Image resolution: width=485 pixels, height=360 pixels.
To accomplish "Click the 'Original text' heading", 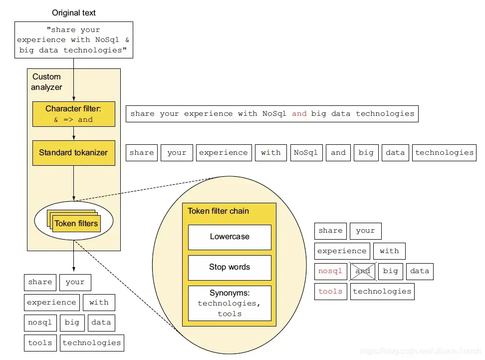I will [x=74, y=12].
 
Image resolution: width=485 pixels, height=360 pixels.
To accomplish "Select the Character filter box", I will [x=73, y=114].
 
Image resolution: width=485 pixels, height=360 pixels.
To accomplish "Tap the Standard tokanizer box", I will [x=73, y=153].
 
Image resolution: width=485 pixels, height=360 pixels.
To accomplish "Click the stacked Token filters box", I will [x=76, y=223].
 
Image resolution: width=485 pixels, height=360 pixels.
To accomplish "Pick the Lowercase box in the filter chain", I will [x=230, y=237].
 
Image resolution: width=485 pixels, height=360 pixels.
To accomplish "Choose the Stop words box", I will [x=230, y=267].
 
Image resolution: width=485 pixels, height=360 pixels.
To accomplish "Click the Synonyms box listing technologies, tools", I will [x=230, y=303].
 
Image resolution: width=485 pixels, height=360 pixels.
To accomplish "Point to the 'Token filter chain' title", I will [x=218, y=211].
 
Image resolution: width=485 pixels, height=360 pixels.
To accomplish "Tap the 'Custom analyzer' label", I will [x=46, y=82].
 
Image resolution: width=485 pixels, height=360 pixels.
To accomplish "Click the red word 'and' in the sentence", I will [x=299, y=114].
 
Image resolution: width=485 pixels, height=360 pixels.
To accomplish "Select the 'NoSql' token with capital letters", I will [x=305, y=153].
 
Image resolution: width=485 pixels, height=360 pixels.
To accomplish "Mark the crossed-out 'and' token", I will [x=363, y=271].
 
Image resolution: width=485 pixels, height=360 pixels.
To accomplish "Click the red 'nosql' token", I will [x=330, y=271].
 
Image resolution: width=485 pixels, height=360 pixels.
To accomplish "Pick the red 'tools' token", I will [x=330, y=292].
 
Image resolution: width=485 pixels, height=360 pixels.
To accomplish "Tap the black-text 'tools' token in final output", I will [x=40, y=343].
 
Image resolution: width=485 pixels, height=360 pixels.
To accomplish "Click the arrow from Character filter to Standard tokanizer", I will [x=74, y=133].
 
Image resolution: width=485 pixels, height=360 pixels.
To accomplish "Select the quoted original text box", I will [x=74, y=40].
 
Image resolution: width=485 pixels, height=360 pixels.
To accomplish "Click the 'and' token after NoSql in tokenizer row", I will [x=338, y=153].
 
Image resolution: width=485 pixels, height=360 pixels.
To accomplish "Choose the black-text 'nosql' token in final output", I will [x=40, y=323].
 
